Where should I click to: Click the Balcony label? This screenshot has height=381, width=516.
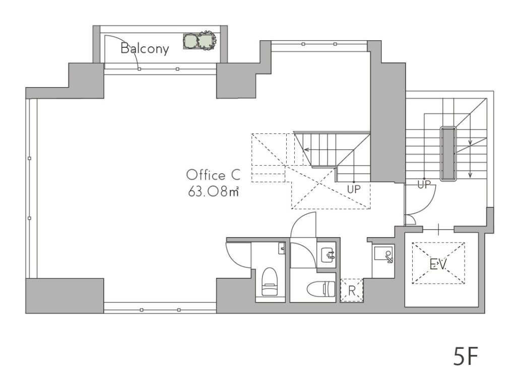click(x=145, y=48)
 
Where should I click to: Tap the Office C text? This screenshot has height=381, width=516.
click(x=213, y=175)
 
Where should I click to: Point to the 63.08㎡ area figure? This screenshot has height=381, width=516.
click(x=213, y=191)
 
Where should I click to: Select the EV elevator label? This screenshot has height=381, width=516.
click(x=438, y=264)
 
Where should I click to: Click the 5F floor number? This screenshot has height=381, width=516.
click(x=465, y=356)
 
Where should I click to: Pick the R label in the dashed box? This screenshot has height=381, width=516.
click(x=352, y=290)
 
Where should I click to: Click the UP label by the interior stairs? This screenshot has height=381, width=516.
click(x=354, y=189)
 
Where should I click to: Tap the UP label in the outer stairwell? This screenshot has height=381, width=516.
click(x=424, y=185)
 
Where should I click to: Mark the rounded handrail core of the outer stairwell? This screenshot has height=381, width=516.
click(x=448, y=154)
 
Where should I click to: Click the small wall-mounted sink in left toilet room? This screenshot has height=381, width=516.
click(x=282, y=249)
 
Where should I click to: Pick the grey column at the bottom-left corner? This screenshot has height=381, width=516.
click(x=65, y=295)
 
